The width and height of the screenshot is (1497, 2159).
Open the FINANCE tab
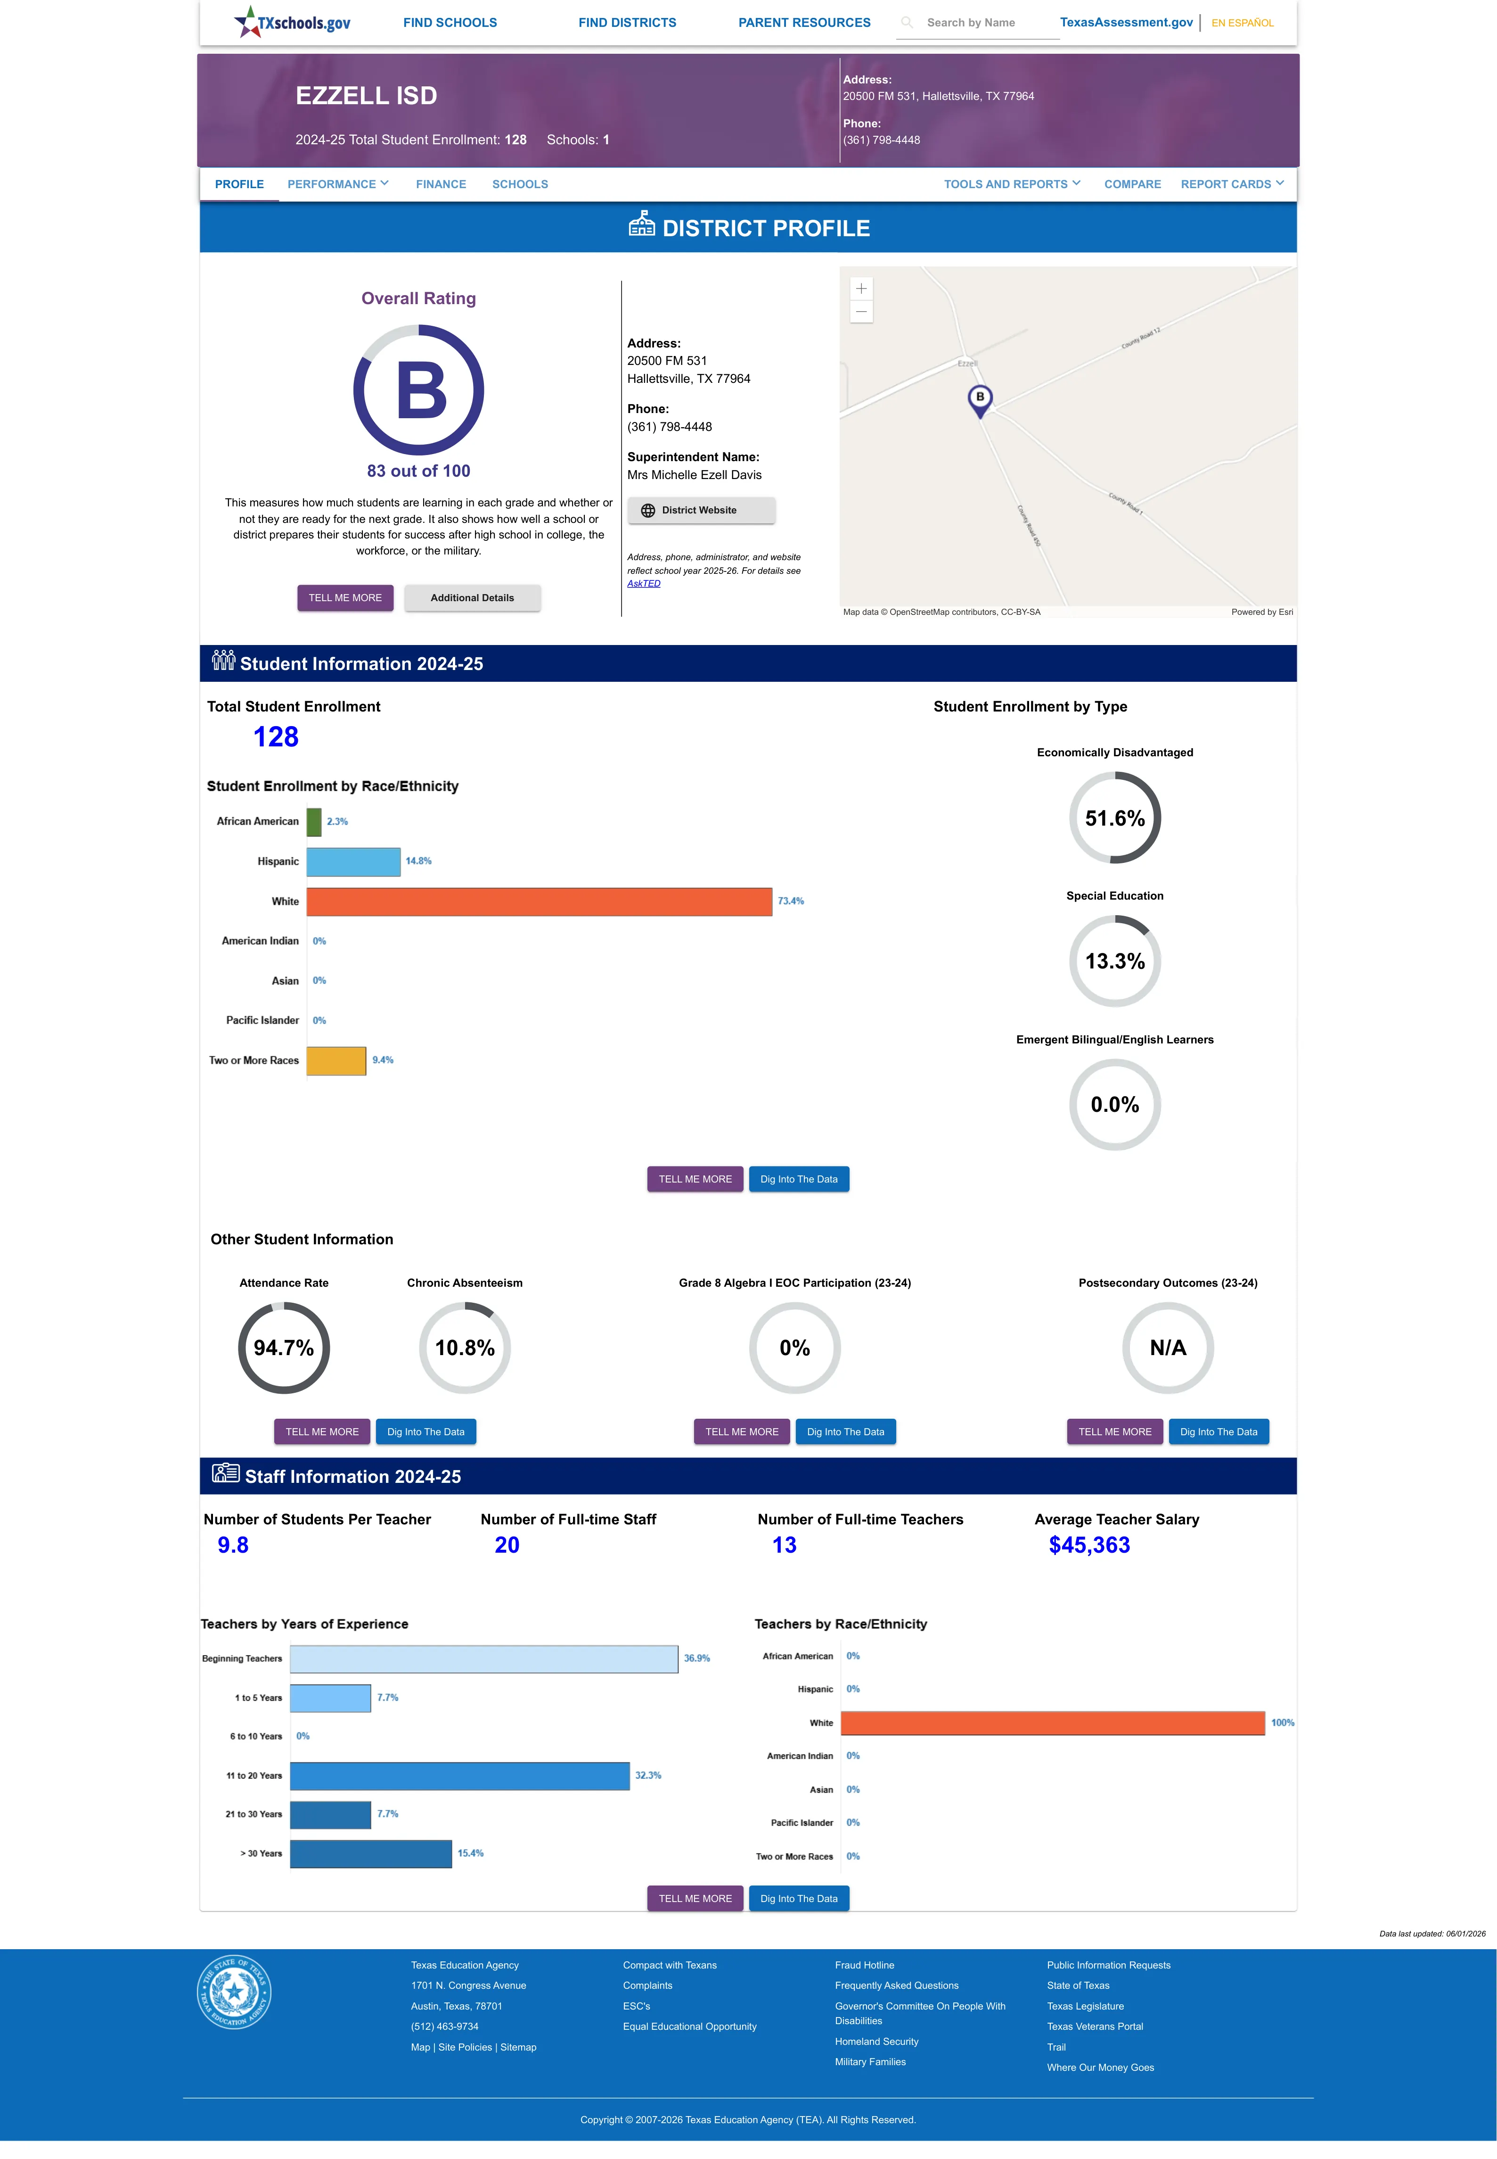tap(441, 184)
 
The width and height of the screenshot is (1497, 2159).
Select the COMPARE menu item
tap(1132, 184)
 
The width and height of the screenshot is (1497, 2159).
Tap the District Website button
tap(701, 511)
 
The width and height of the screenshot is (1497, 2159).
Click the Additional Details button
tap(472, 598)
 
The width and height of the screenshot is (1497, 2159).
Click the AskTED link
tap(644, 584)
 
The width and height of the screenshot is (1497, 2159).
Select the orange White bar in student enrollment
tap(540, 902)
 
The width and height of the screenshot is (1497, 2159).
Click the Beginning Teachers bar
tap(484, 1659)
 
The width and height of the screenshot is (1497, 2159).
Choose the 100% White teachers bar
tap(1052, 1723)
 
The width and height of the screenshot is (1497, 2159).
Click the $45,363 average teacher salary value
tap(1089, 1546)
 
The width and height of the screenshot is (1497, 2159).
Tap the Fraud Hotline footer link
tap(864, 1965)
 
